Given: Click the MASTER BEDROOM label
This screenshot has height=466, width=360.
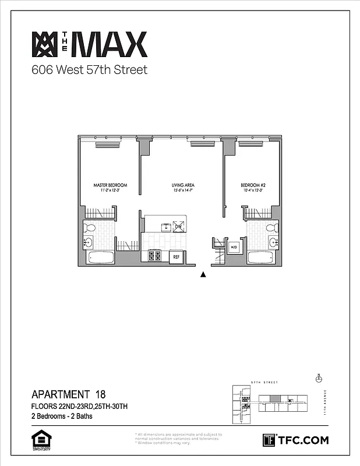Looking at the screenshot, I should (x=110, y=185).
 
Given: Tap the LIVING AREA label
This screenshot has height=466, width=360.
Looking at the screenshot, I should (x=183, y=185).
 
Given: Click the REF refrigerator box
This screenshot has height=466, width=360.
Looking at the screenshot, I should (x=175, y=256).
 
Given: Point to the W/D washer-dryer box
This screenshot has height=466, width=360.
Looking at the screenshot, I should (x=234, y=247).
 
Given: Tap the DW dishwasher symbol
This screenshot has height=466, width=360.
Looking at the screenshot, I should (x=179, y=227).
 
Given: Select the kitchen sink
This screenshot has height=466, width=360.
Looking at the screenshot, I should (x=166, y=226).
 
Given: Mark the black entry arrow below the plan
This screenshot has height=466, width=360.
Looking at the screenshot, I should (x=203, y=275).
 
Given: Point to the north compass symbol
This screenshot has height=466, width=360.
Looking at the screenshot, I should (x=318, y=379).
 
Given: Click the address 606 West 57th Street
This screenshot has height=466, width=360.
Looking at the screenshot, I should (x=89, y=70).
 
